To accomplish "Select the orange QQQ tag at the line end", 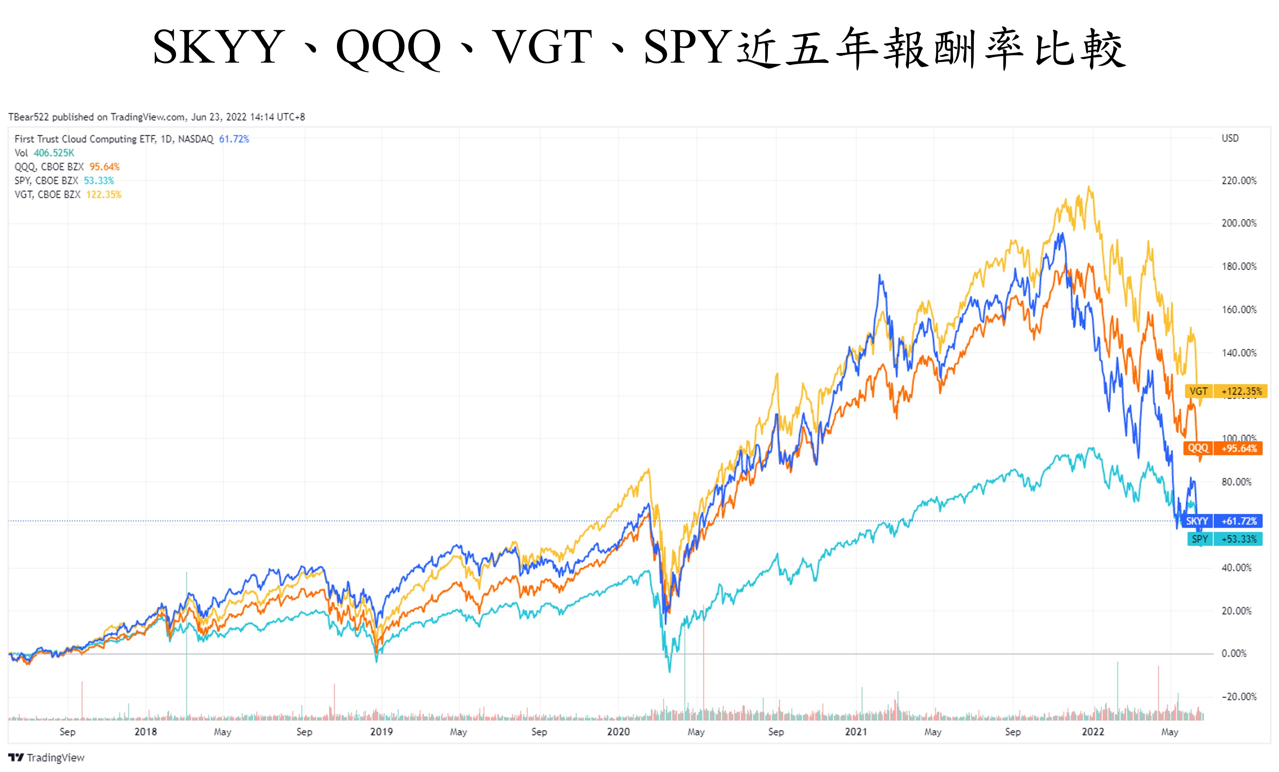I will [1198, 448].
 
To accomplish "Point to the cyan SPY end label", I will [1199, 539].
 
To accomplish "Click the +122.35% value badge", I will [1241, 391].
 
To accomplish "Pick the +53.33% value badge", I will [1239, 539].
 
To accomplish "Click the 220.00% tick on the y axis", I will [1239, 181].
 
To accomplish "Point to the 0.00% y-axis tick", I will [1233, 653].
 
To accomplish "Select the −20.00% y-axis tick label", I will [1239, 696].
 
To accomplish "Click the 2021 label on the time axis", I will [855, 732].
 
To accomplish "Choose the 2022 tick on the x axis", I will [1092, 732].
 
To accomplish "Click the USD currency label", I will [1230, 138].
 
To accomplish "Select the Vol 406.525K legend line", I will [44, 153].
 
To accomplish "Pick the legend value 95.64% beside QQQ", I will [104, 167].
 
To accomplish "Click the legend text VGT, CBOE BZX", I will [47, 195].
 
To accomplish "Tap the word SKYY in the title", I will [218, 48].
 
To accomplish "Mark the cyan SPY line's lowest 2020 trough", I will [669, 671].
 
